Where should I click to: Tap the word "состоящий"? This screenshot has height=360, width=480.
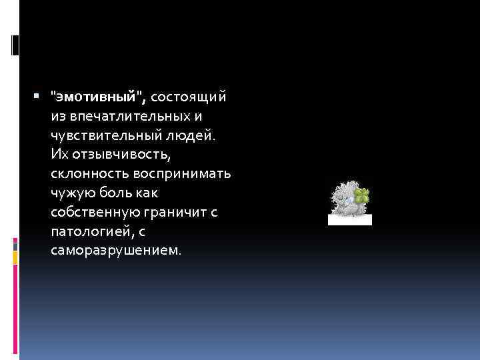(x=189, y=97)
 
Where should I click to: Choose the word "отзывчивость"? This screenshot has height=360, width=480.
(x=121, y=155)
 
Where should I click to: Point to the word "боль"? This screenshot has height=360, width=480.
(x=116, y=193)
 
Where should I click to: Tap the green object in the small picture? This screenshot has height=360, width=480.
(x=362, y=196)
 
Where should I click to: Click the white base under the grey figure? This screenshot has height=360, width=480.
(x=351, y=219)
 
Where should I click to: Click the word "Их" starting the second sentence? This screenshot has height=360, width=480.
(x=59, y=155)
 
